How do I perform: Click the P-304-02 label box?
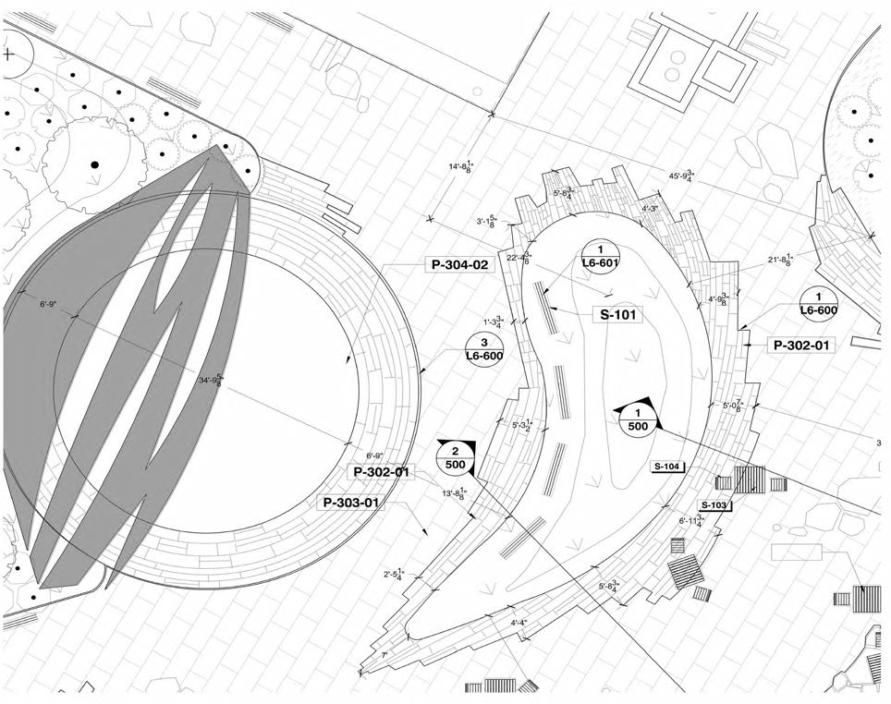pyautogui.click(x=459, y=265)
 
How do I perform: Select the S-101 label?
pyautogui.click(x=616, y=315)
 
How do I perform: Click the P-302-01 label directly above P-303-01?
pyautogui.click(x=379, y=472)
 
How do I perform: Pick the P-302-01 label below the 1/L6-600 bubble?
pyautogui.click(x=800, y=346)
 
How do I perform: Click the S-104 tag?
pyautogui.click(x=667, y=467)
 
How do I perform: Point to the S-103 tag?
pyautogui.click(x=714, y=505)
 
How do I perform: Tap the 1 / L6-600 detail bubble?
pyautogui.click(x=818, y=304)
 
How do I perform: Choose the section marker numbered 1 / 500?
pyautogui.click(x=637, y=419)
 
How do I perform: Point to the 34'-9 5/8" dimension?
pyautogui.click(x=211, y=379)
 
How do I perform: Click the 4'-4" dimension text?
pyautogui.click(x=519, y=623)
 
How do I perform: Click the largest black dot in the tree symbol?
pyautogui.click(x=93, y=164)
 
